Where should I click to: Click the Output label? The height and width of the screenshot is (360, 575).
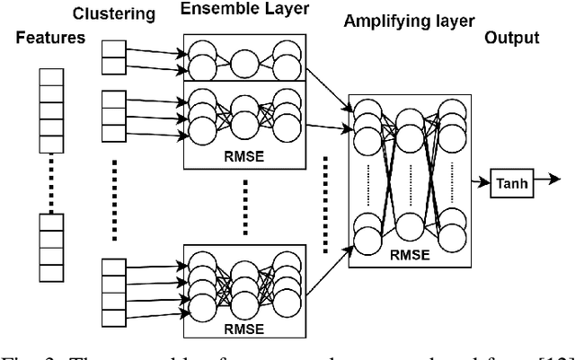[x=512, y=38]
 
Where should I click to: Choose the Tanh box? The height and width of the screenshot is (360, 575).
[x=510, y=185]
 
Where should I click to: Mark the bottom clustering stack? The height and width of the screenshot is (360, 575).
[x=112, y=291]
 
